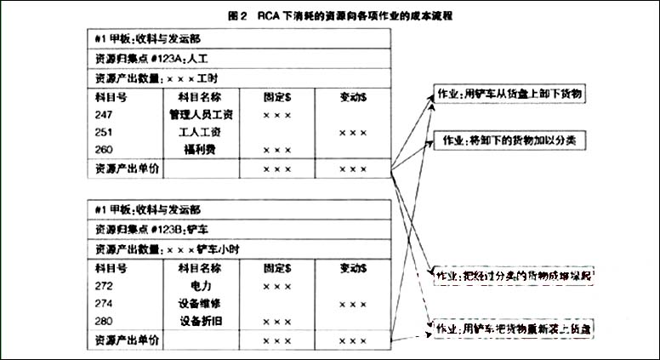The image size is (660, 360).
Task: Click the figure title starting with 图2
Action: pyautogui.click(x=329, y=15)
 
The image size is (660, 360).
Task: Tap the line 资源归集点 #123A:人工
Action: pyautogui.click(x=145, y=58)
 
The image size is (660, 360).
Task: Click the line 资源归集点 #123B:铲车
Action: pyautogui.click(x=145, y=230)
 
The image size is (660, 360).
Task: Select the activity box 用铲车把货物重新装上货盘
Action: pyautogui.click(x=515, y=327)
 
